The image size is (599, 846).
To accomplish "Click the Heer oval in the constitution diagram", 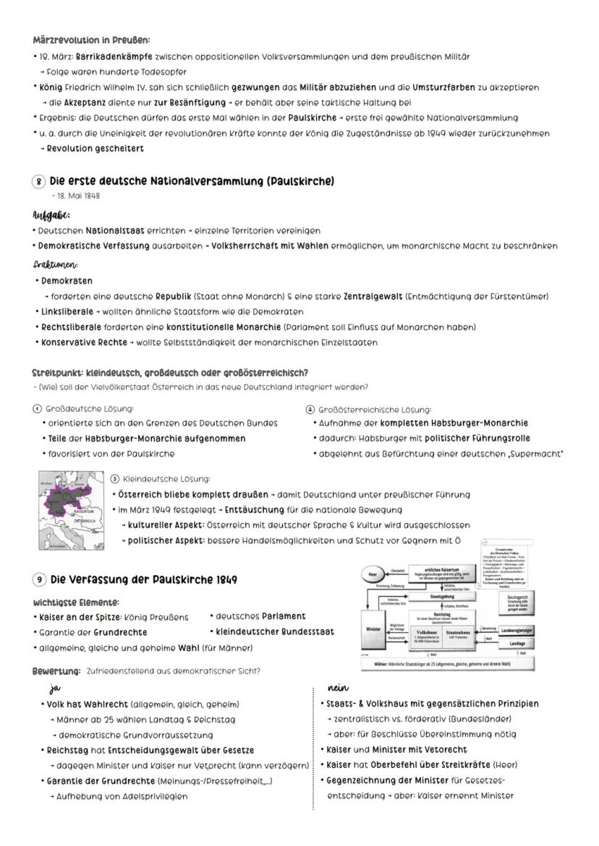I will pyautogui.click(x=373, y=575).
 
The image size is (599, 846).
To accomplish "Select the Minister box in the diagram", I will pyautogui.click(x=373, y=629).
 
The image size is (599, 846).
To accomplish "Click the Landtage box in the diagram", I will pyautogui.click(x=517, y=643).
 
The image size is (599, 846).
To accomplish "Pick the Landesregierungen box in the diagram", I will pyautogui.click(x=517, y=630).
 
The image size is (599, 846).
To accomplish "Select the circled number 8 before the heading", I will pyautogui.click(x=41, y=181).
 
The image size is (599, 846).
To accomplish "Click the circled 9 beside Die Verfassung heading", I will pyautogui.click(x=41, y=579).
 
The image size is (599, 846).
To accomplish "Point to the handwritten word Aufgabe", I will pyautogui.click(x=51, y=215).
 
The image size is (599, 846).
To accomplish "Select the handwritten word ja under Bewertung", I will pyautogui.click(x=53, y=688).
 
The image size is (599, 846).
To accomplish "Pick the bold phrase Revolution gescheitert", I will pyautogui.click(x=95, y=149).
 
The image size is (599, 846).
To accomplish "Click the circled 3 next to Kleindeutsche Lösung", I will pyautogui.click(x=114, y=479).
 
